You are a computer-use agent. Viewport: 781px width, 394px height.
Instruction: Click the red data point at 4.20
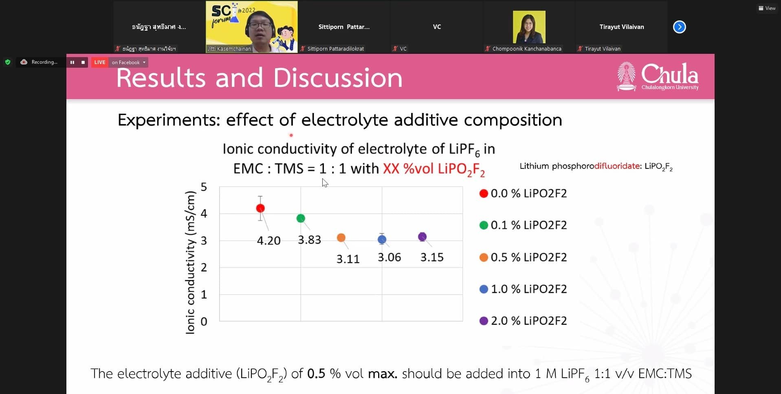click(x=260, y=208)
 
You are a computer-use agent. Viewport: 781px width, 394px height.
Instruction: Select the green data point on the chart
click(x=301, y=218)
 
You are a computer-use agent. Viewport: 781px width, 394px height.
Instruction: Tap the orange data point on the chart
click(x=341, y=238)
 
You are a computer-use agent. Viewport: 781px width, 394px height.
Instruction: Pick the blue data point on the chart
click(x=382, y=239)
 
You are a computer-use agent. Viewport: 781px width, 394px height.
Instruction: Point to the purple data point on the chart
click(x=422, y=237)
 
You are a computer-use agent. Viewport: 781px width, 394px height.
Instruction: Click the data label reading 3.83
click(x=310, y=240)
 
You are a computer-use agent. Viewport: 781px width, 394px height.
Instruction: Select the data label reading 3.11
click(x=348, y=259)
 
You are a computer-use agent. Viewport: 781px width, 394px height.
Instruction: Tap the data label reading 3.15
click(x=432, y=257)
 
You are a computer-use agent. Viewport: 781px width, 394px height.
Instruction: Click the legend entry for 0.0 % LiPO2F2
click(x=523, y=193)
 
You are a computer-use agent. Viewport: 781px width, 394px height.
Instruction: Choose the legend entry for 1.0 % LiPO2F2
click(x=523, y=289)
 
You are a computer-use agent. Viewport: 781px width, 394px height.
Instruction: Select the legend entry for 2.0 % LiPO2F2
click(x=523, y=321)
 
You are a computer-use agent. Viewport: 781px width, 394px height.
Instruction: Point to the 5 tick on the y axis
click(x=204, y=187)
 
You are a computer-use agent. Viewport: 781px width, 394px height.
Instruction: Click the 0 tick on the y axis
click(x=204, y=321)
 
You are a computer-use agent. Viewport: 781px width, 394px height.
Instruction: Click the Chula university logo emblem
click(x=626, y=76)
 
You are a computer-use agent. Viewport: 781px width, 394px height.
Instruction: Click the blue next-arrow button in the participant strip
click(x=679, y=27)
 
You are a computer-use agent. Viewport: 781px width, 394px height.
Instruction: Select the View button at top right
click(x=767, y=8)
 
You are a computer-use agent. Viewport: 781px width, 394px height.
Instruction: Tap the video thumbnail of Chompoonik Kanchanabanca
click(x=529, y=27)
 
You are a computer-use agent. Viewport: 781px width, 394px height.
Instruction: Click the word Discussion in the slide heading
click(x=338, y=77)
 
